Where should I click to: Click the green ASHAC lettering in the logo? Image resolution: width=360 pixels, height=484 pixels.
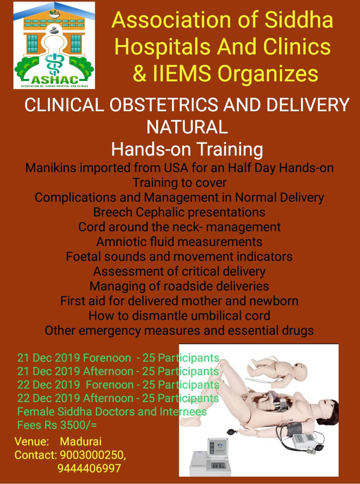(54, 80)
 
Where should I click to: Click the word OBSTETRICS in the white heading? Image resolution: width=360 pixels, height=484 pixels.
(164, 104)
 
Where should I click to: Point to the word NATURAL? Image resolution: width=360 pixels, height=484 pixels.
(187, 127)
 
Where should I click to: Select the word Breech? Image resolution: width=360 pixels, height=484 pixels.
(113, 212)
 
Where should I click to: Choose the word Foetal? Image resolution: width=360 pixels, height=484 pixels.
(84, 256)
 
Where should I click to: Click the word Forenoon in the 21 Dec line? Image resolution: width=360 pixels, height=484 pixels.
(107, 358)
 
